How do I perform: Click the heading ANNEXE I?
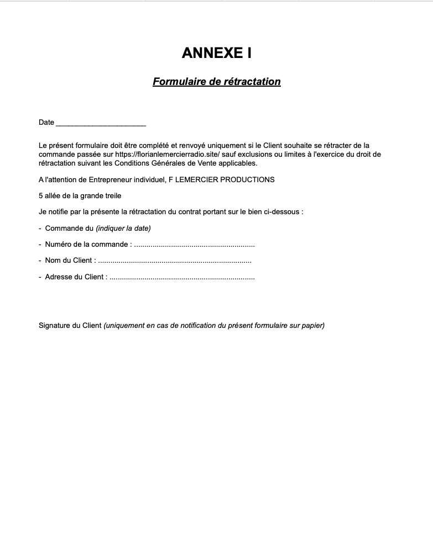click(x=216, y=53)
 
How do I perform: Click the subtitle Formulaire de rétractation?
click(x=216, y=82)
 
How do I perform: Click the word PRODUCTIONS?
click(x=251, y=179)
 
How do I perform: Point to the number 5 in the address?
click(x=41, y=195)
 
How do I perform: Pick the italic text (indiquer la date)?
click(x=123, y=228)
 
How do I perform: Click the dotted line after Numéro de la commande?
click(x=194, y=245)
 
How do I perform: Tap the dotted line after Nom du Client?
click(x=174, y=261)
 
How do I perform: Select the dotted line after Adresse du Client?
click(x=182, y=277)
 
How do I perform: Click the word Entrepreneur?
click(x=116, y=179)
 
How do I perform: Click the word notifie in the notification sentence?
click(x=59, y=211)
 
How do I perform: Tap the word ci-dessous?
click(x=283, y=211)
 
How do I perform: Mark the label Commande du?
click(x=69, y=228)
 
